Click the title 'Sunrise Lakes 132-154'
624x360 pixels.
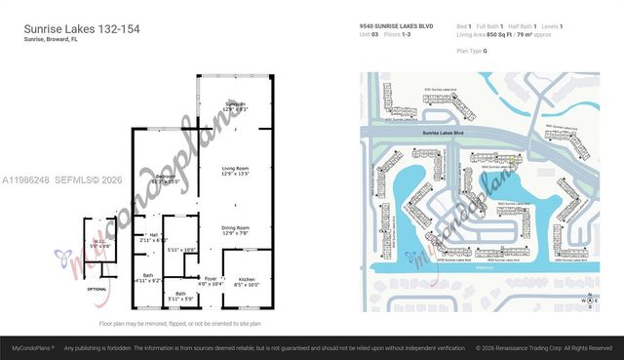point(82,29)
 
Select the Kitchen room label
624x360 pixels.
point(247,282)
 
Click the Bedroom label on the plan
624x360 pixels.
point(164,178)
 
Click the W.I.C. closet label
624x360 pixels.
point(99,243)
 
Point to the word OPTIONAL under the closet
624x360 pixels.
point(97,290)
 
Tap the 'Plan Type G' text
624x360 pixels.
point(473,48)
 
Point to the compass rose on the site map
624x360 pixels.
point(589,301)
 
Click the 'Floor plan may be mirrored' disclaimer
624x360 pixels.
point(180,323)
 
